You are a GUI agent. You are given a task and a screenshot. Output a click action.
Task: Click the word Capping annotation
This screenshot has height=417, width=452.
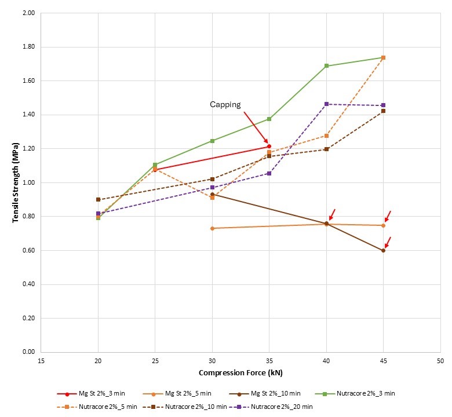coord(225,105)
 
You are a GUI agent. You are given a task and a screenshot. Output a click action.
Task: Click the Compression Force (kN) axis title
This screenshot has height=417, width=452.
coord(240,372)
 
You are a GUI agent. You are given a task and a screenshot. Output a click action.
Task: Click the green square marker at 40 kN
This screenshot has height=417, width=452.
coord(326,66)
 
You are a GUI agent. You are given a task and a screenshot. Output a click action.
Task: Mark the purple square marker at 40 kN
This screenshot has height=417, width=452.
coord(326,104)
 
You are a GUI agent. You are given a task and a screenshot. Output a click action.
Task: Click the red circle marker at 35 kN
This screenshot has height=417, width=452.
coord(269,146)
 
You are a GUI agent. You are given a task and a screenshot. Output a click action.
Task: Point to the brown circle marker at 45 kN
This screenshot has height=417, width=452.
coord(383,250)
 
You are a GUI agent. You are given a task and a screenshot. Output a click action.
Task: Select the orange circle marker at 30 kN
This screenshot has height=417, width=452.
coord(212,228)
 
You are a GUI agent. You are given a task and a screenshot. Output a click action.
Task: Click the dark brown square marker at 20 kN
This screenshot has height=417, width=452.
coord(98,199)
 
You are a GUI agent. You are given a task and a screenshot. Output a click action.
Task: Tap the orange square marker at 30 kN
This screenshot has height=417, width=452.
coord(212,197)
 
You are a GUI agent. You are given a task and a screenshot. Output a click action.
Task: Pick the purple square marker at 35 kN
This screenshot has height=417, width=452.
coord(269,173)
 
